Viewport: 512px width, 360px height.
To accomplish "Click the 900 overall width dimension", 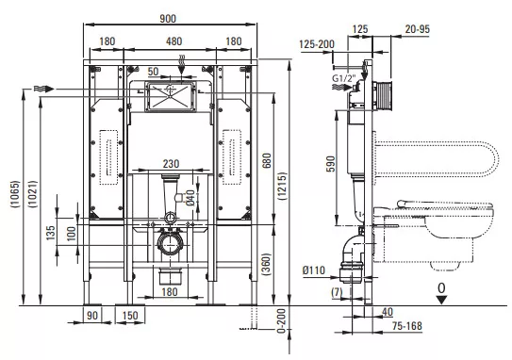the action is pos(168,19).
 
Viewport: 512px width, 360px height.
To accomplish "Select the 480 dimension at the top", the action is pos(173,41).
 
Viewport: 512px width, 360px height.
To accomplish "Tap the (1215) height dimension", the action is pos(283,186).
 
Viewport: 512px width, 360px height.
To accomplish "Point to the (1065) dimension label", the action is pos(15,194).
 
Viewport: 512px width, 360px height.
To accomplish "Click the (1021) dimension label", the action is pos(32,194).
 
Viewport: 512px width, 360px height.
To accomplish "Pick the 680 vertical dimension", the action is pos(267,160).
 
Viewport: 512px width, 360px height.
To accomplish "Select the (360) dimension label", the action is pos(266,264).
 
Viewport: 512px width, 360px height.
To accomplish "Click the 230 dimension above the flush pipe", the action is pos(171,163).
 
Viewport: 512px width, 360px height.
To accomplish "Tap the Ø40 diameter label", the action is pos(190,198).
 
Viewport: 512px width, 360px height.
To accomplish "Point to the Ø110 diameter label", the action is pos(314,270).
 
